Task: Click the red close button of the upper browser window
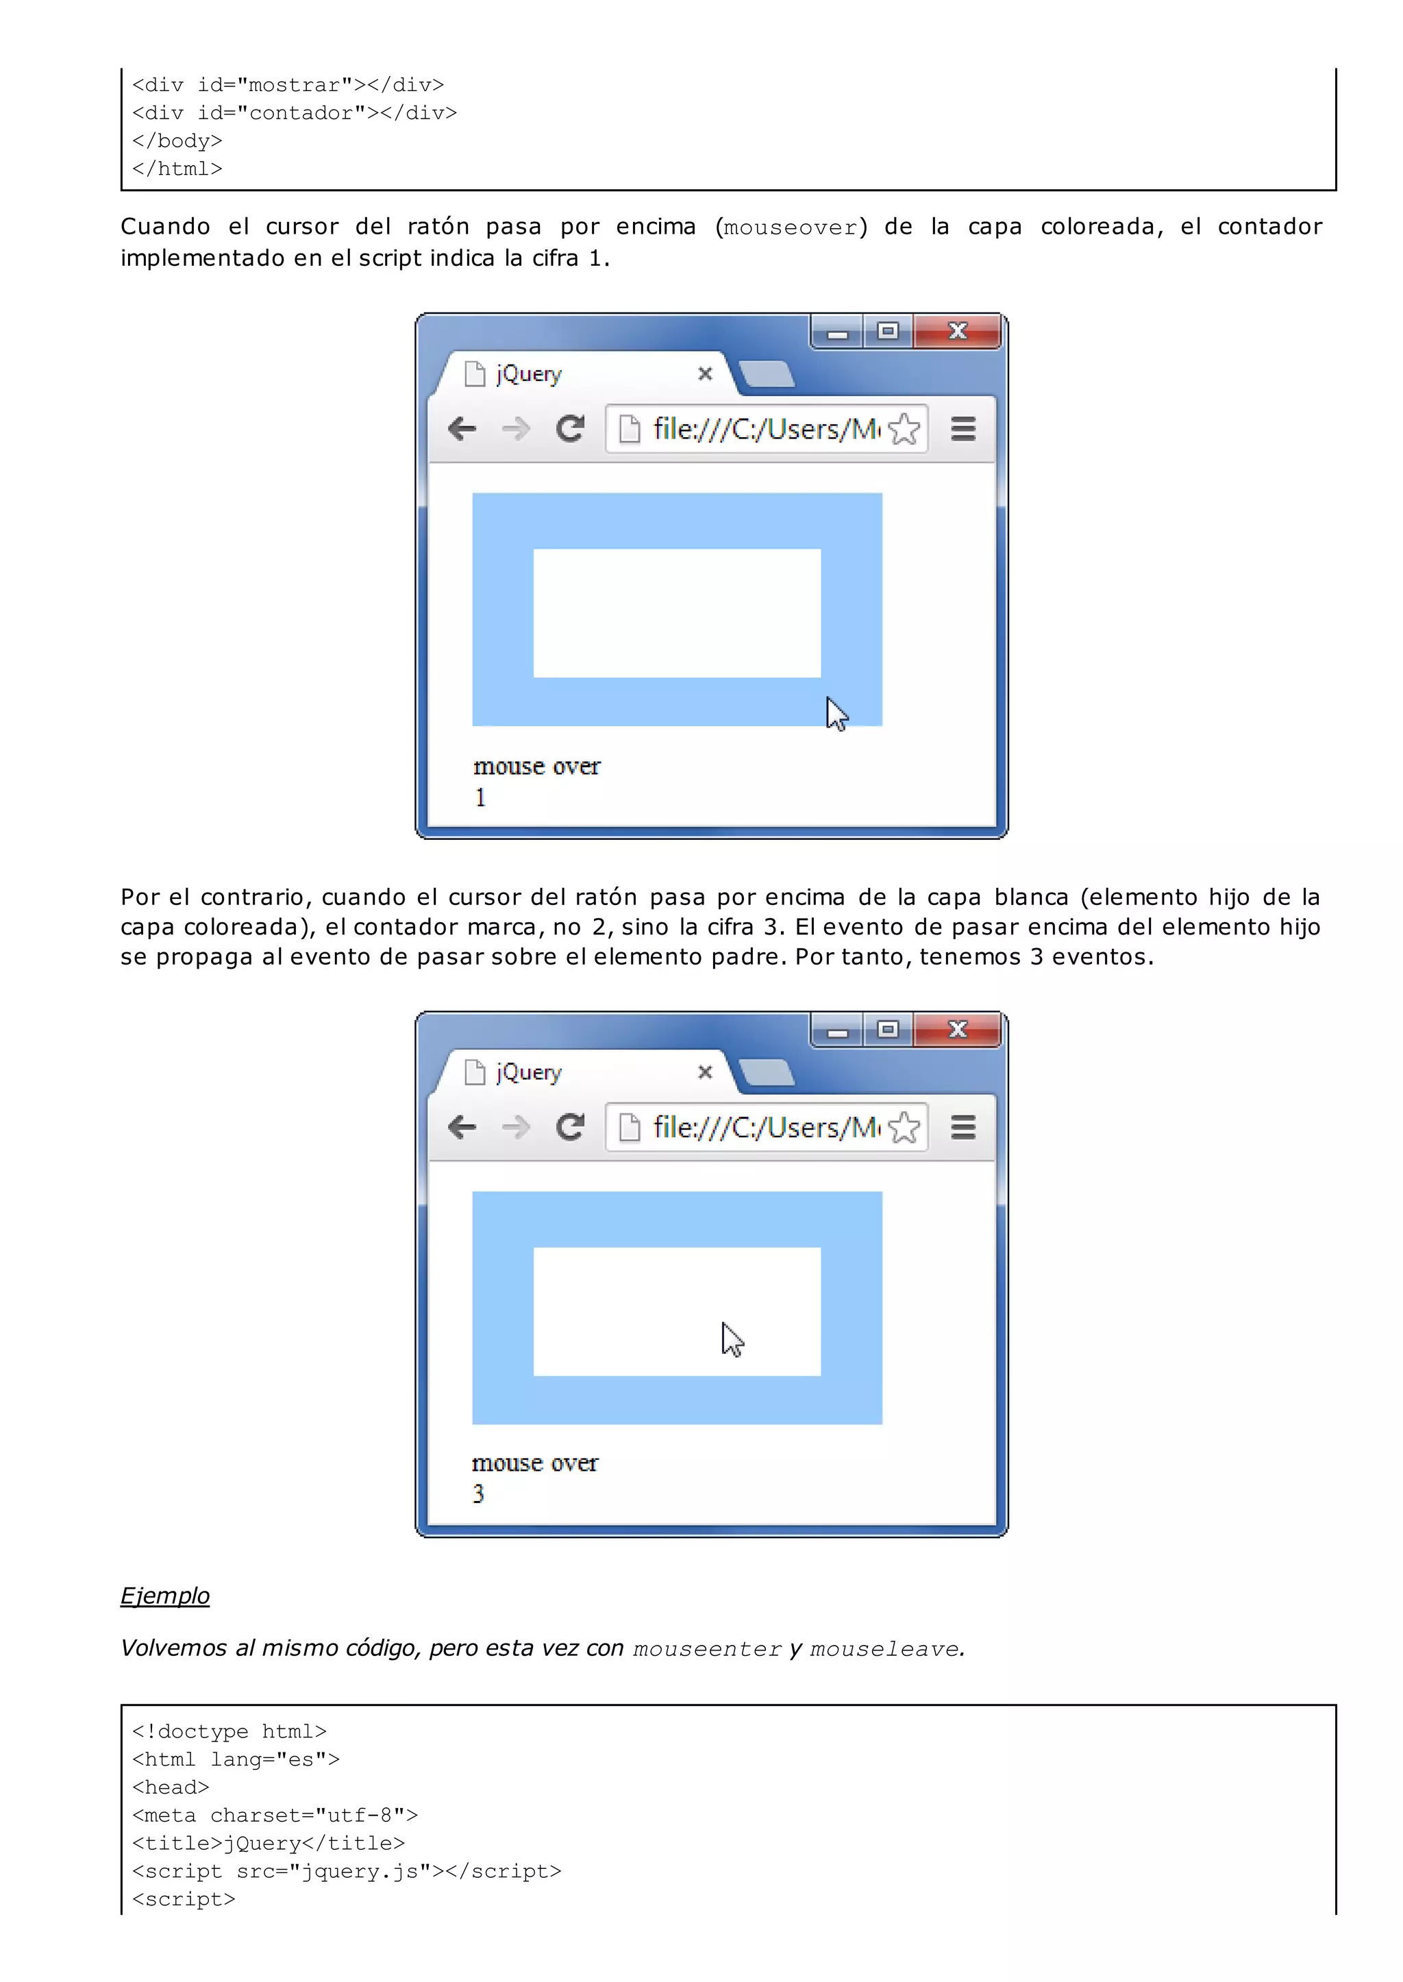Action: [x=956, y=331]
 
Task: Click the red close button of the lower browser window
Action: [x=956, y=1029]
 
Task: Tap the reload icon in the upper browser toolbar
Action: [x=570, y=429]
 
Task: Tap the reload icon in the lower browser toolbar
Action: [x=570, y=1126]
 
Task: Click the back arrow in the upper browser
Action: [x=462, y=429]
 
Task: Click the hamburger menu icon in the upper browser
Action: [x=963, y=429]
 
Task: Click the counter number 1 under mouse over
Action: [x=480, y=797]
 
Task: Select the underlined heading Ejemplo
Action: [x=165, y=1596]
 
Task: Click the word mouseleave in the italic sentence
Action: [x=884, y=1648]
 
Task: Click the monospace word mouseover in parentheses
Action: [x=791, y=227]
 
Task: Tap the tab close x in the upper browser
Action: [x=705, y=373]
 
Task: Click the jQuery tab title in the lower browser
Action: [x=529, y=1072]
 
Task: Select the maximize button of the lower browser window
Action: [x=887, y=1029]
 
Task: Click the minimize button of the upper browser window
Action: [x=837, y=333]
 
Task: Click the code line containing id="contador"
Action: [x=295, y=113]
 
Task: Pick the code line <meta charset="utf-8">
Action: [x=275, y=1816]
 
